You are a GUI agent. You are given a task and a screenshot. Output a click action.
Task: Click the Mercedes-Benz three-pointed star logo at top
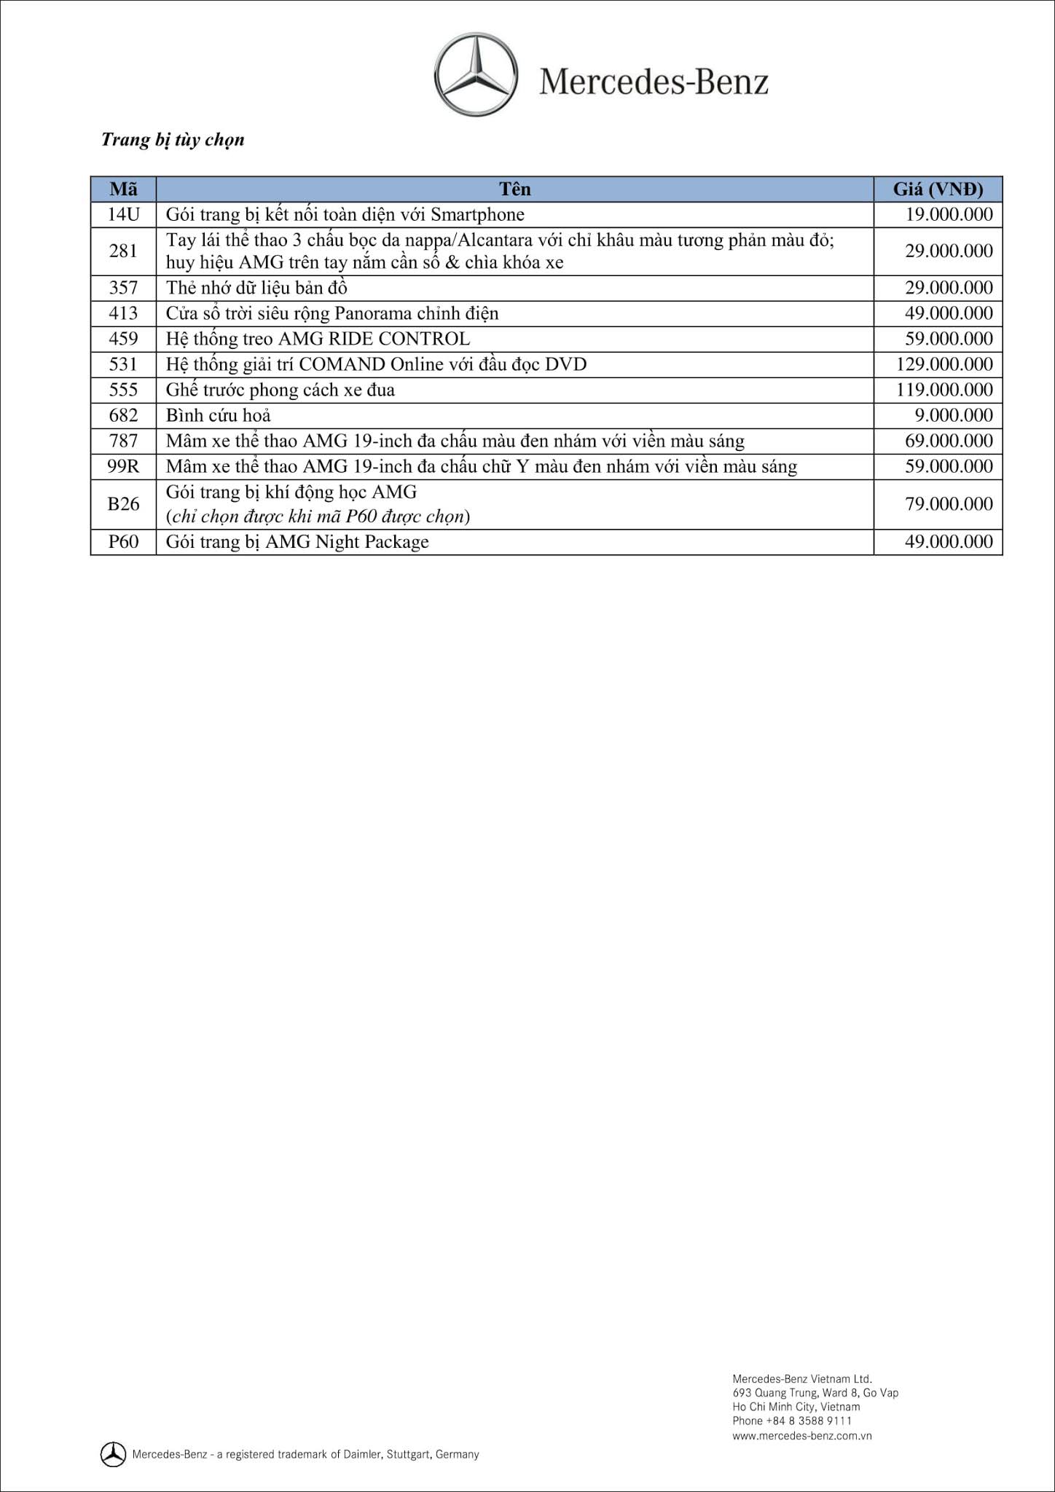(476, 74)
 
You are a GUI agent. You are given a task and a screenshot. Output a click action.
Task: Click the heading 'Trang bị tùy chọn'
(173, 139)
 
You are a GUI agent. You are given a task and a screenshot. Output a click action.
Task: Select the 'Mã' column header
(123, 189)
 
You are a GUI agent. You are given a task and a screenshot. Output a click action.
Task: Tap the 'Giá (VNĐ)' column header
(938, 189)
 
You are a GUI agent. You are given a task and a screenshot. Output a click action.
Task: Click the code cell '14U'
(123, 214)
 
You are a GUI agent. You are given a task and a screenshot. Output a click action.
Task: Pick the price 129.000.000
(944, 364)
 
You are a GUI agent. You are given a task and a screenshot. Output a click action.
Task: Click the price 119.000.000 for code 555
(944, 390)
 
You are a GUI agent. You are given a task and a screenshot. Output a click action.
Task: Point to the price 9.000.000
(954, 415)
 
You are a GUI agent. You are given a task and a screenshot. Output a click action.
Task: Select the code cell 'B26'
(123, 504)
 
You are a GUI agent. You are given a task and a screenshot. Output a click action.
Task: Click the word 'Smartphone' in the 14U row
(477, 214)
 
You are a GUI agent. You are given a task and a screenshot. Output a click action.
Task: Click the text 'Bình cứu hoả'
(218, 415)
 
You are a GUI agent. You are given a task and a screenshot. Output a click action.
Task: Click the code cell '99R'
(123, 466)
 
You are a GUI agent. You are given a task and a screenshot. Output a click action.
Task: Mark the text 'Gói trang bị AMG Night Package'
(297, 542)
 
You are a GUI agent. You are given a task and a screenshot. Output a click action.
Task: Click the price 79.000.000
(949, 504)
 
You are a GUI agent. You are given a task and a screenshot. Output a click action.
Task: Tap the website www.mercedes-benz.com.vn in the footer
(801, 1436)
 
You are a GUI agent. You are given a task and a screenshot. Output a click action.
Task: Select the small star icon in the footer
(113, 1454)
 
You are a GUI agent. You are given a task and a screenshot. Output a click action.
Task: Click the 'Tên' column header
(514, 189)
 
